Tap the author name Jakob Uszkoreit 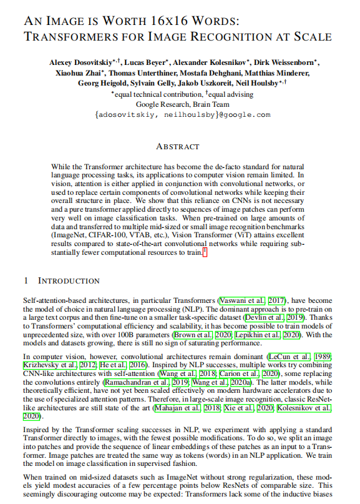pyautogui.click(x=201, y=82)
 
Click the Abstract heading pyautogui.click(x=178, y=147)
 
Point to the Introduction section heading pyautogui.click(x=69, y=281)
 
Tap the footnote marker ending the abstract pyautogui.click(x=204, y=252)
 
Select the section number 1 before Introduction pyautogui.click(x=26, y=281)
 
